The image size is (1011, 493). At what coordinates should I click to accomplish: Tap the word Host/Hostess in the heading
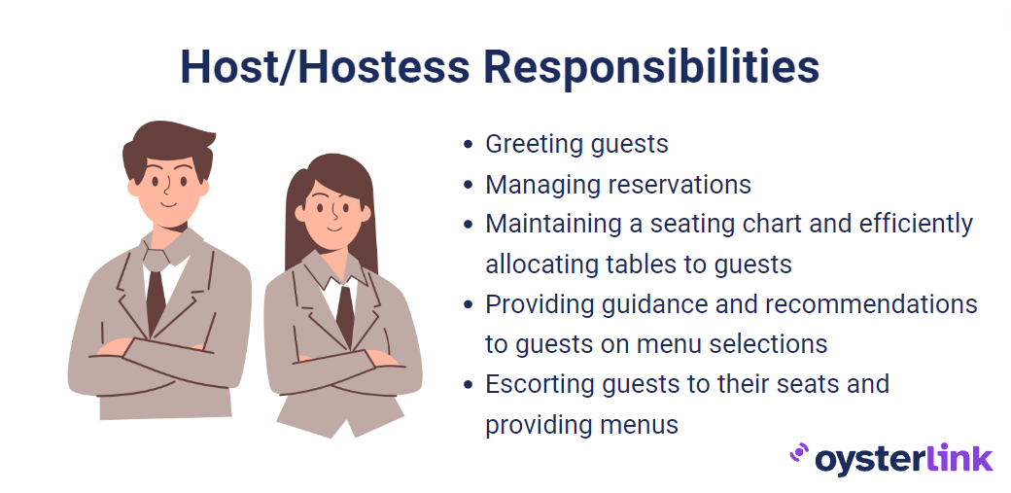(325, 66)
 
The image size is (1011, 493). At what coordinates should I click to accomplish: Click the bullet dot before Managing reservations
(469, 185)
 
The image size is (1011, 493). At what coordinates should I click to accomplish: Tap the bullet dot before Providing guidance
(469, 304)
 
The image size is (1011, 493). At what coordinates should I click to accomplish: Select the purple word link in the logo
(959, 457)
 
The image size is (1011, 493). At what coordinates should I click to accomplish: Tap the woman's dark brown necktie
(345, 316)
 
